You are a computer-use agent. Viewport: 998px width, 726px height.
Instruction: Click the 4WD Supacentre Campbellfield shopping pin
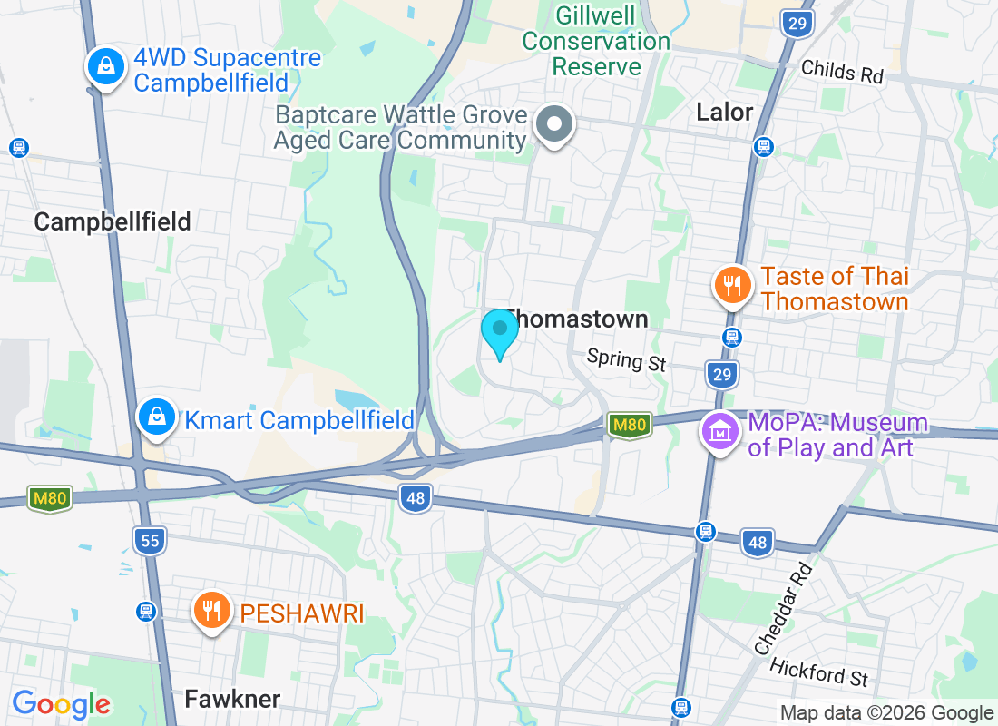(106, 66)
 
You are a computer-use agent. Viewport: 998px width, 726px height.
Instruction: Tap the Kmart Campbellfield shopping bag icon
(157, 417)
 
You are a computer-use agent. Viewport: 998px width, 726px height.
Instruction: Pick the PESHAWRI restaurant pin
(212, 609)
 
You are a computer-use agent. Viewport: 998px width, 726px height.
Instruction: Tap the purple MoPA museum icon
(720, 432)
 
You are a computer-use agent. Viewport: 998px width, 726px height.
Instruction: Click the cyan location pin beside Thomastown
(499, 332)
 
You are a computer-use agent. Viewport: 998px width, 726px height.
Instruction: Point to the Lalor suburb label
(725, 112)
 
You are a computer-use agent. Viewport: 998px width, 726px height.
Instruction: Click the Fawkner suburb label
(232, 699)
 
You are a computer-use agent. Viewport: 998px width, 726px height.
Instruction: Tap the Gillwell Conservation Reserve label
(596, 41)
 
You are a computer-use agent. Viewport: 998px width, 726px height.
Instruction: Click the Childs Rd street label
(842, 71)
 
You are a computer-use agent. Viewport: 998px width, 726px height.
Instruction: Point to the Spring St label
(626, 360)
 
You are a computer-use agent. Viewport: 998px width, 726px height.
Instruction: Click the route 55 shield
(150, 542)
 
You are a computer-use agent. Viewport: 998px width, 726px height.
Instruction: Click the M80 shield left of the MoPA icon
(629, 424)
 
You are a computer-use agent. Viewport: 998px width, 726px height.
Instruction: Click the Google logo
(62, 704)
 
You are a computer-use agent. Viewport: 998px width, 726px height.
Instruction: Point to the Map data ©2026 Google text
(886, 713)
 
